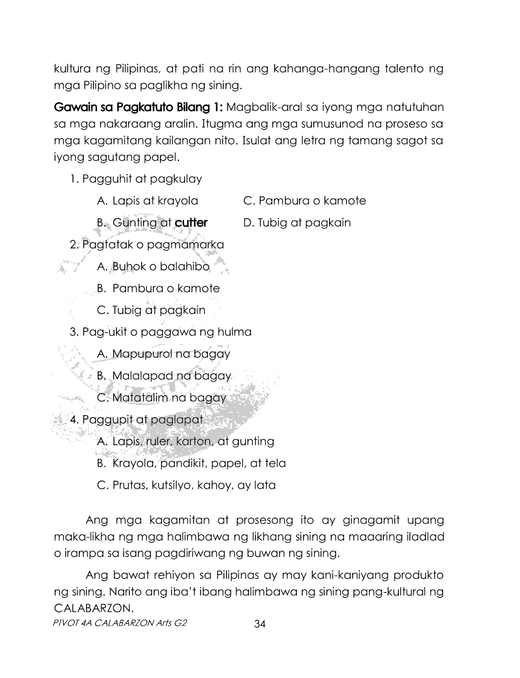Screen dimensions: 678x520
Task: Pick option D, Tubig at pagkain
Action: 297,223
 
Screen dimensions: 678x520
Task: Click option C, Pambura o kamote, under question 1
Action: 304,201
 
